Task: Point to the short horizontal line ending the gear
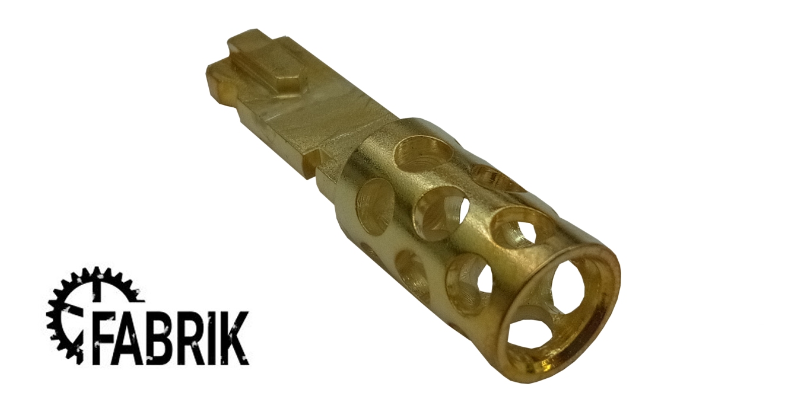[135, 300]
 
